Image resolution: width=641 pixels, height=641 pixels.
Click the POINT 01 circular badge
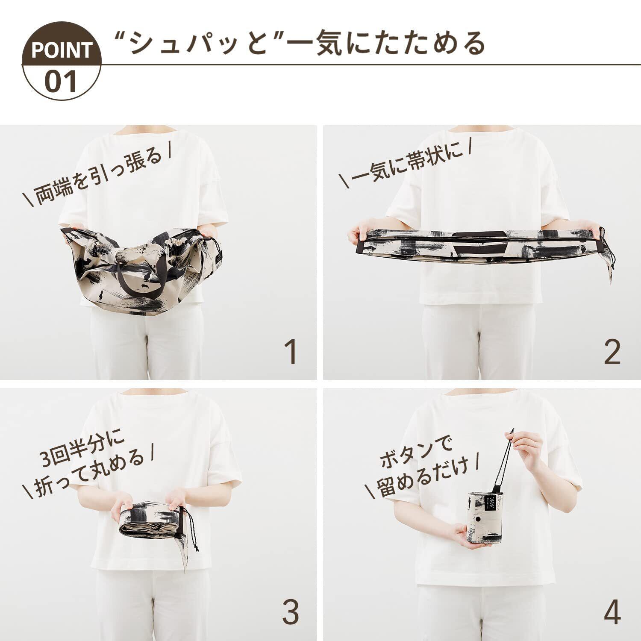(62, 61)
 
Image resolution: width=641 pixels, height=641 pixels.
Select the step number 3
(290, 612)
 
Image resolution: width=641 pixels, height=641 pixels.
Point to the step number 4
(612, 612)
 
